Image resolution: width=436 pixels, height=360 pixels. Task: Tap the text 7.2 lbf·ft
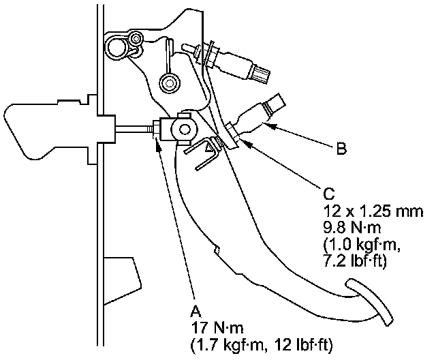click(x=358, y=258)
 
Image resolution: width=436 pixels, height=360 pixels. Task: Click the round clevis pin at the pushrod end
click(x=184, y=127)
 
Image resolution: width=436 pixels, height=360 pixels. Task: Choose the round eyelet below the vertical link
click(x=166, y=84)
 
